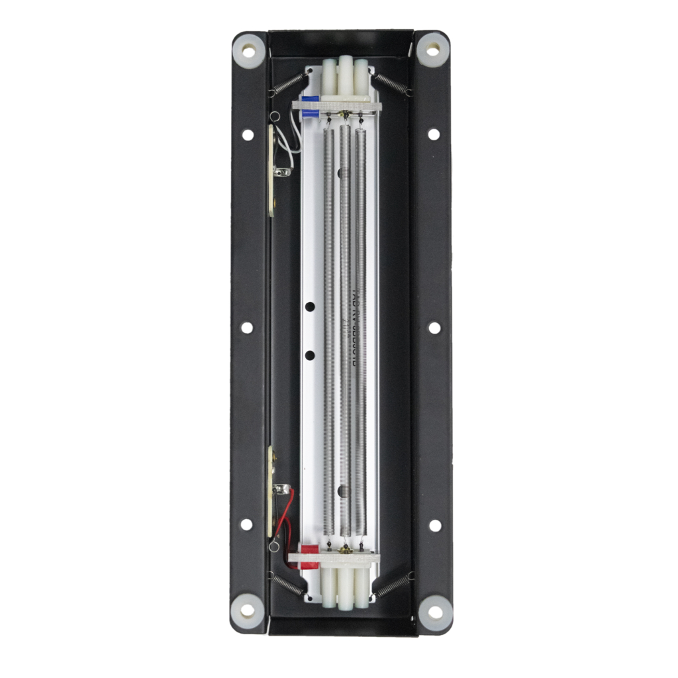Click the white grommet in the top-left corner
click(x=249, y=50)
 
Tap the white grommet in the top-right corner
click(x=432, y=50)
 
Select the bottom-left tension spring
click(x=287, y=583)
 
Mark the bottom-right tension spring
click(x=394, y=583)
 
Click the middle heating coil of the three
click(x=344, y=331)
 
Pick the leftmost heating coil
click(x=329, y=331)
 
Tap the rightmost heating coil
click(x=360, y=331)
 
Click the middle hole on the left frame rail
click(x=247, y=327)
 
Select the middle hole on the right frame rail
click(x=434, y=327)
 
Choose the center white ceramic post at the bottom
click(x=344, y=589)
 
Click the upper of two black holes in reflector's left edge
click(x=309, y=307)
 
